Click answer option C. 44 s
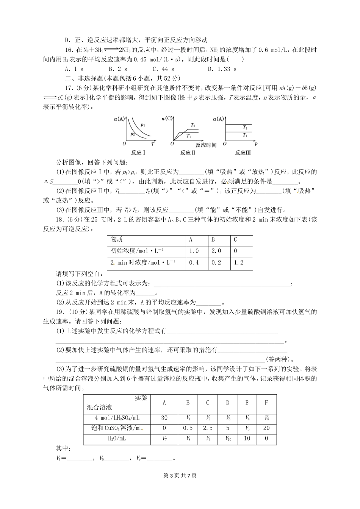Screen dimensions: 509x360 tap(163, 69)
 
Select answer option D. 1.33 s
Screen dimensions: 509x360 tap(222, 69)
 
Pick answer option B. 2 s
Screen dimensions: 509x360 tap(117, 69)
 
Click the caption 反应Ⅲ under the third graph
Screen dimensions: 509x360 tap(243, 153)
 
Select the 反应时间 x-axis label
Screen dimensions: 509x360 tap(206, 145)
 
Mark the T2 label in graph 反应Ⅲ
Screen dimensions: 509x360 tap(245, 128)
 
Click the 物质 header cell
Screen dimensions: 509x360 tap(116, 240)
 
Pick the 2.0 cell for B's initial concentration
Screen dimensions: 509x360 tap(216, 251)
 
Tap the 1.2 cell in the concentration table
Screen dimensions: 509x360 tap(238, 263)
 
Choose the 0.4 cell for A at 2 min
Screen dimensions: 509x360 tap(194, 263)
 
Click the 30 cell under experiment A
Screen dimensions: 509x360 tap(164, 417)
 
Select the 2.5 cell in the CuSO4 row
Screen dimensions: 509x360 tap(208, 428)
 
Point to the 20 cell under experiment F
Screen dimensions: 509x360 tap(266, 428)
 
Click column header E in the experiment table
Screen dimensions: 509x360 tap(247, 403)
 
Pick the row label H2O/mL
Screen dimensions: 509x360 tap(117, 439)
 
